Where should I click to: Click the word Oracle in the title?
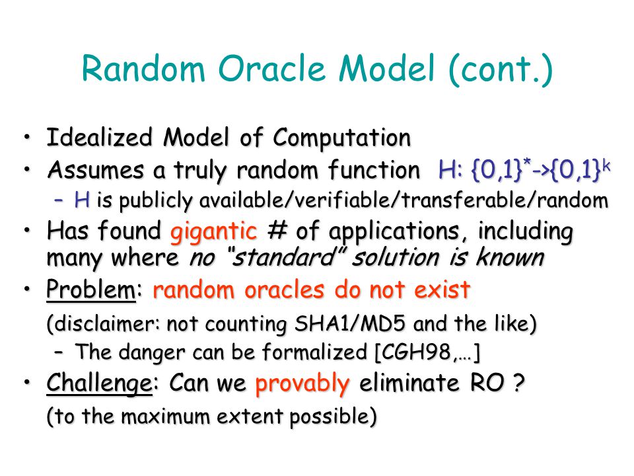tap(272, 68)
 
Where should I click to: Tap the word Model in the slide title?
tap(387, 68)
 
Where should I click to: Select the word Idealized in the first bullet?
tap(100, 137)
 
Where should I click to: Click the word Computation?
tap(342, 138)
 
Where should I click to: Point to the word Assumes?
tap(96, 170)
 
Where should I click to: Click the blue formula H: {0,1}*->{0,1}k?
tap(524, 170)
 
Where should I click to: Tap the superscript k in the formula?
tap(606, 165)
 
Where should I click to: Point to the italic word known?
tap(510, 257)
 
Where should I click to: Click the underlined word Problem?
tap(91, 290)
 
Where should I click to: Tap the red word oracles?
tap(284, 290)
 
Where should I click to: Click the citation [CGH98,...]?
tap(427, 352)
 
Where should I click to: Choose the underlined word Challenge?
tap(100, 383)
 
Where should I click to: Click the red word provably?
tap(302, 383)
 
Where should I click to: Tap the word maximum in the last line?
tap(165, 416)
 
